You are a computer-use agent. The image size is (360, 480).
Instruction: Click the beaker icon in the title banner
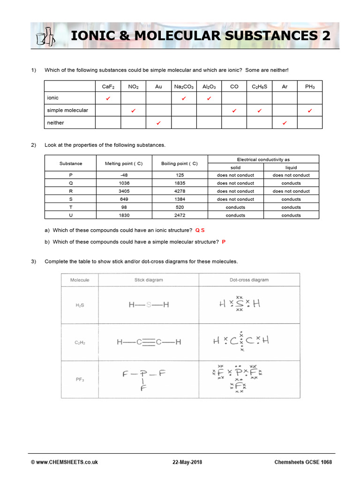[x=45, y=37]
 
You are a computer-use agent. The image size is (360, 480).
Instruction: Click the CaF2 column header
[x=108, y=86]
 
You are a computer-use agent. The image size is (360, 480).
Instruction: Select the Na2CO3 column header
[x=184, y=86]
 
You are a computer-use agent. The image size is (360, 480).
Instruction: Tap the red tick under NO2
[x=133, y=111]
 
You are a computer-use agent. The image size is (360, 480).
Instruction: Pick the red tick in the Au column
[x=158, y=123]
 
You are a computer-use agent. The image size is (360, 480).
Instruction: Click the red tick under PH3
[x=310, y=111]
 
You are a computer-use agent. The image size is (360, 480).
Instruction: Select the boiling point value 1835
[x=180, y=183]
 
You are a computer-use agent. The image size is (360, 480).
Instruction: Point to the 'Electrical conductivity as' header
[x=263, y=159]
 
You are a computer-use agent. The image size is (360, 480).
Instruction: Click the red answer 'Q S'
[x=200, y=231]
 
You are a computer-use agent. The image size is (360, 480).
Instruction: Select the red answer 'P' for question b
[x=224, y=242]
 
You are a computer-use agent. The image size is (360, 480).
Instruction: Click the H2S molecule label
[x=80, y=305]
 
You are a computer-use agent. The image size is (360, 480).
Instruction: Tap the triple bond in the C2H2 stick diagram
[x=149, y=342]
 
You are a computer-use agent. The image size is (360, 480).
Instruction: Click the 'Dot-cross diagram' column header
[x=249, y=280]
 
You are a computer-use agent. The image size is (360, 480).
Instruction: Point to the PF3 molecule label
[x=80, y=380]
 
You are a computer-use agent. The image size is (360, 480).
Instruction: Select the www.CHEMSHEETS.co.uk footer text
[x=64, y=462]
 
